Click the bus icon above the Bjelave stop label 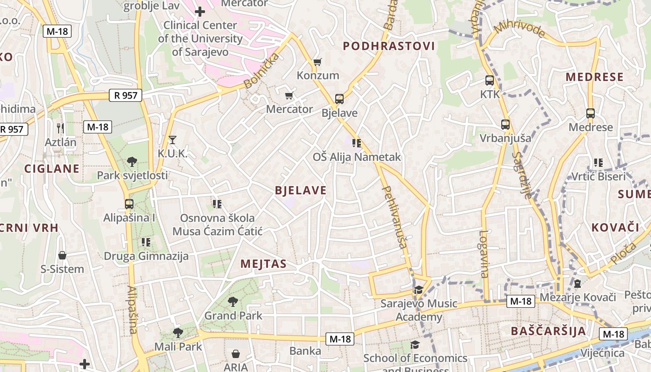click(339, 99)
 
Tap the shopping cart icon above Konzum click(318, 62)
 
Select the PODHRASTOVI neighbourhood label click(389, 46)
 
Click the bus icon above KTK click(490, 80)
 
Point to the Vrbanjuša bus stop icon click(505, 124)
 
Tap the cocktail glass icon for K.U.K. click(173, 139)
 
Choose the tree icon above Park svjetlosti click(132, 162)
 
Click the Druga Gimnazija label click(146, 256)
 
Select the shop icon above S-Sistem click(62, 255)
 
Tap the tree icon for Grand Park click(233, 302)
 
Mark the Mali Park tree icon click(178, 332)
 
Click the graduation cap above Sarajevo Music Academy click(418, 290)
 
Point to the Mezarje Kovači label click(578, 297)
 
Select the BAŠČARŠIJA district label click(548, 331)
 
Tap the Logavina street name click(484, 254)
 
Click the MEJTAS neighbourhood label click(263, 264)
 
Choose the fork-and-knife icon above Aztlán click(60, 128)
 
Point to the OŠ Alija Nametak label click(357, 157)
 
